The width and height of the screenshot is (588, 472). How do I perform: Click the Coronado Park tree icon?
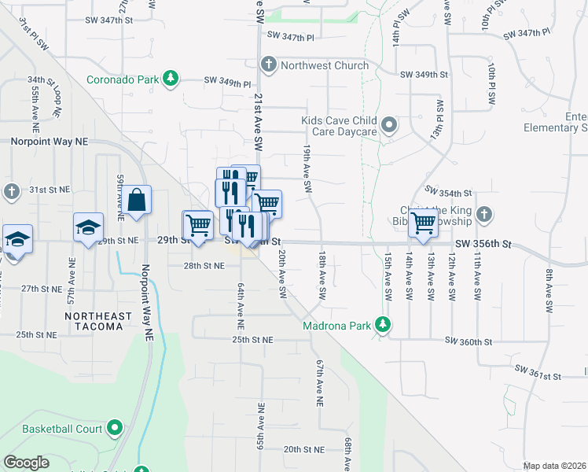click(x=170, y=79)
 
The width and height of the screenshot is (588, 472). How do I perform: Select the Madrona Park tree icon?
click(x=383, y=324)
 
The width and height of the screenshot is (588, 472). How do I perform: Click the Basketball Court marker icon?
click(x=116, y=429)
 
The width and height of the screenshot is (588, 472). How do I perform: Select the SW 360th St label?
click(x=468, y=341)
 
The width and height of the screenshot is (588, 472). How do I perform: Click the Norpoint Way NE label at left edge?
click(x=50, y=142)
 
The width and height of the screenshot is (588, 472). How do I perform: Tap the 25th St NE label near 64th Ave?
click(x=252, y=340)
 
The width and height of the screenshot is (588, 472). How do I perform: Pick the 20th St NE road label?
click(x=304, y=449)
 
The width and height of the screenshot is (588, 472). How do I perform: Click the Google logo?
click(x=26, y=462)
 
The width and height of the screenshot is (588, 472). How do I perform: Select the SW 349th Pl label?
click(x=227, y=81)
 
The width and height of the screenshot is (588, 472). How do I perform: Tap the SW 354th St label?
click(x=447, y=191)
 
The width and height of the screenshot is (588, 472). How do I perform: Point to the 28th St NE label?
click(x=204, y=266)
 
